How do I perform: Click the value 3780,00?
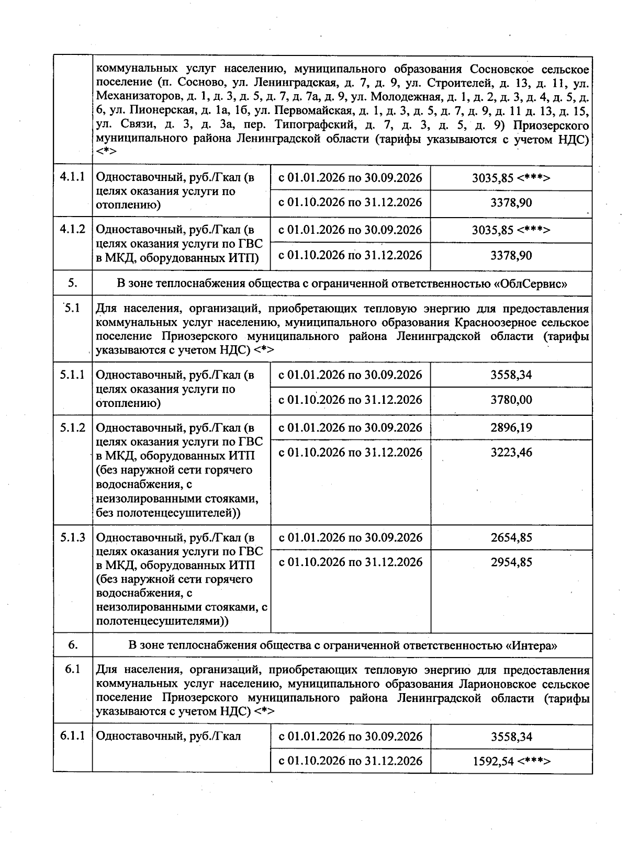511,400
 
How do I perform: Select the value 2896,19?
511,428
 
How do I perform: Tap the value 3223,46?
511,452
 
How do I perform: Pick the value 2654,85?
511,538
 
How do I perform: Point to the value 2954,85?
511,562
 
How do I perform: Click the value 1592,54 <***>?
511,761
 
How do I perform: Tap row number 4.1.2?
72,229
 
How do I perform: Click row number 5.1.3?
72,538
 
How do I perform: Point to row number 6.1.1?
72,736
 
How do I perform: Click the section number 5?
72,284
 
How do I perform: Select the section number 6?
72,645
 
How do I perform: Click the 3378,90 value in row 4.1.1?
511,202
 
